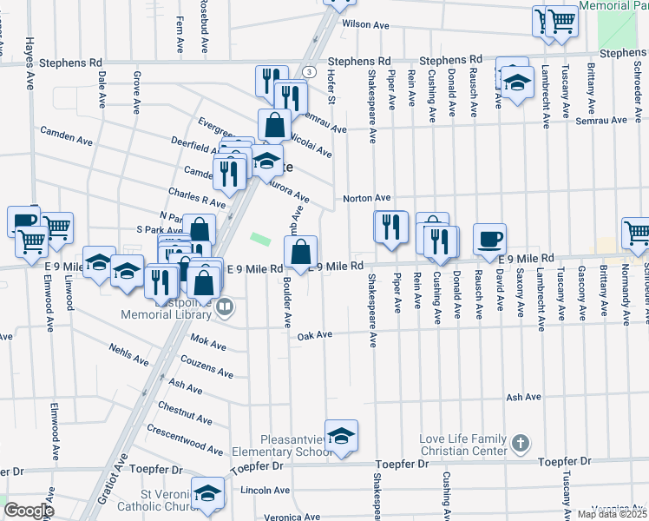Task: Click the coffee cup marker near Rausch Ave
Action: (489, 239)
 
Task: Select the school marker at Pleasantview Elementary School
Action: (341, 436)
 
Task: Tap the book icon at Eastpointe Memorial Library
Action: (225, 306)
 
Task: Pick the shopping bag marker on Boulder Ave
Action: (301, 253)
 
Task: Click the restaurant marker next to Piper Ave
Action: (390, 227)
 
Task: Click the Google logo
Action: (29, 510)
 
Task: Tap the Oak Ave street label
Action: (315, 335)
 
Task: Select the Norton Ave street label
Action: (367, 198)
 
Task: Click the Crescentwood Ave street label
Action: (185, 439)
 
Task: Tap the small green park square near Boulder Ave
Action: (259, 238)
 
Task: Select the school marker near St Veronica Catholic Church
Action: (207, 493)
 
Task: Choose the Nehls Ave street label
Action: (130, 355)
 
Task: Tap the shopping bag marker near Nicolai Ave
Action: (274, 124)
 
